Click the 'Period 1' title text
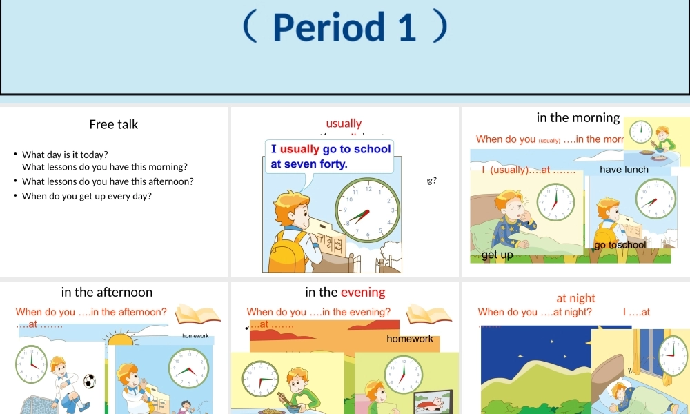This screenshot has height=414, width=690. [x=345, y=27]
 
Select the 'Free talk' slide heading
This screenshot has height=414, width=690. [x=114, y=124]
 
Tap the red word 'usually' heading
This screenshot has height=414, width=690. [x=344, y=124]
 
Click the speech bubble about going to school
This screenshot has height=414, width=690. [x=330, y=157]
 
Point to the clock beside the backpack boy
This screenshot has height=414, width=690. [x=367, y=210]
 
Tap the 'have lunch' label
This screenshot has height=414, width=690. [x=624, y=170]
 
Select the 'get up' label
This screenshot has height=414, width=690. [x=497, y=255]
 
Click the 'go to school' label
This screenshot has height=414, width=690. [x=620, y=245]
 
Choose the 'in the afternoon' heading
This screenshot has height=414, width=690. [x=107, y=292]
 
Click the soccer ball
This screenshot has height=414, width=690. [x=89, y=381]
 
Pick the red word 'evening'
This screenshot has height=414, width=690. [x=363, y=292]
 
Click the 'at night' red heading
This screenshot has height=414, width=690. [x=575, y=298]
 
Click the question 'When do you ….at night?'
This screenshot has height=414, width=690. [x=535, y=312]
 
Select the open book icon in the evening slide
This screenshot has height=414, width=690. [x=428, y=315]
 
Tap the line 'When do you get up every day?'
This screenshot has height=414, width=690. [x=87, y=196]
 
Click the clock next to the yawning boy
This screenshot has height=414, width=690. [x=555, y=202]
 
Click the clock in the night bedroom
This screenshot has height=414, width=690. [x=673, y=356]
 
